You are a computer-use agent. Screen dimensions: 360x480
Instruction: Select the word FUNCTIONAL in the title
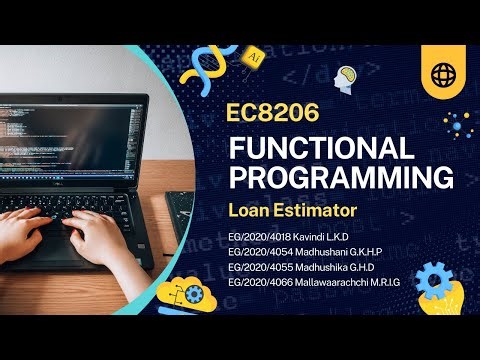click(x=321, y=149)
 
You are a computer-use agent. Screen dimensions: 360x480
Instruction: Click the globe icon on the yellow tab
click(x=443, y=75)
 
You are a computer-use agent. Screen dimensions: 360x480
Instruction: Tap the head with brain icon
click(x=347, y=78)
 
